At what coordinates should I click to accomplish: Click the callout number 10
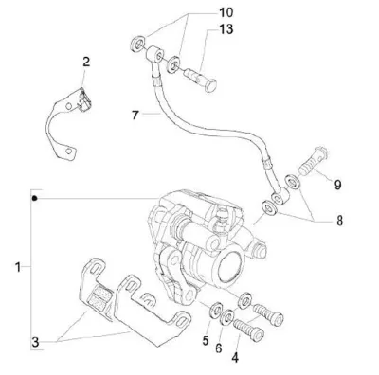[x=226, y=13]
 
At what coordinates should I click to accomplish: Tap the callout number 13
[x=226, y=29]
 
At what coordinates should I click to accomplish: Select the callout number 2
[x=86, y=62]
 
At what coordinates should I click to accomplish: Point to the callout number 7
[x=135, y=116]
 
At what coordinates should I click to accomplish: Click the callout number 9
[x=338, y=185]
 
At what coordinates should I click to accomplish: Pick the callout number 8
[x=339, y=221]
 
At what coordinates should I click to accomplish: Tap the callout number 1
[x=18, y=267]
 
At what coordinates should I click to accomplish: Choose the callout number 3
[x=35, y=342]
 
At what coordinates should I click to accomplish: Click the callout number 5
[x=206, y=341]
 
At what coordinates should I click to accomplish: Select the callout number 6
[x=219, y=348]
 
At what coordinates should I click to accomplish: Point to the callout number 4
[x=235, y=358]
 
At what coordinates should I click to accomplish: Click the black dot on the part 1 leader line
[x=35, y=198]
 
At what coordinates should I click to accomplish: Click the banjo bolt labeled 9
[x=314, y=161]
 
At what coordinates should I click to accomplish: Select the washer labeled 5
[x=216, y=309]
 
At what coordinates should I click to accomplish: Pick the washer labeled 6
[x=227, y=317]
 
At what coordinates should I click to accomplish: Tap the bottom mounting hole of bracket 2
[x=68, y=151]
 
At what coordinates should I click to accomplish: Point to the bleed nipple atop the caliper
[x=222, y=215]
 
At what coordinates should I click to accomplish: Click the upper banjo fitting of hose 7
[x=154, y=54]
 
